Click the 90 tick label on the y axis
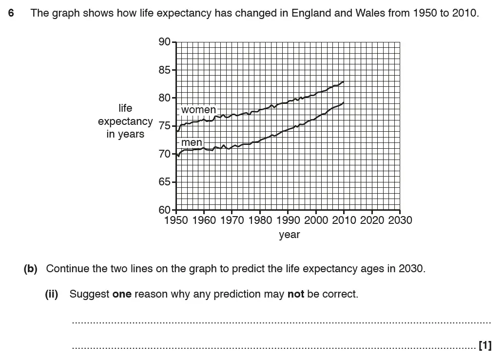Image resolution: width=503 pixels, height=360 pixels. [164, 42]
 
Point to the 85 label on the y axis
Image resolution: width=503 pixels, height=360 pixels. [164, 70]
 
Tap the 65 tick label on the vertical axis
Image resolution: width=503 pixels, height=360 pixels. [164, 182]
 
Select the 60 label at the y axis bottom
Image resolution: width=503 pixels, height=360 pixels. [164, 210]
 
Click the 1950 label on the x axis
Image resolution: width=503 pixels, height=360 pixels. [176, 220]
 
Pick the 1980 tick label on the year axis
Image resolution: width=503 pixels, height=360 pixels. [260, 220]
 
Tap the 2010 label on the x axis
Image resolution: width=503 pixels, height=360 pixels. [344, 220]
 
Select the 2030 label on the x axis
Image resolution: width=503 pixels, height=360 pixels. [400, 220]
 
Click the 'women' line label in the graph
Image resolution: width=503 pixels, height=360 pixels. [198, 110]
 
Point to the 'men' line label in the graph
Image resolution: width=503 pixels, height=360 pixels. [192, 142]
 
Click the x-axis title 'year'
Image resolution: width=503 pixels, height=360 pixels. [290, 235]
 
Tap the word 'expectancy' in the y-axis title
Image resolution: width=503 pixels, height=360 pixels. [125, 121]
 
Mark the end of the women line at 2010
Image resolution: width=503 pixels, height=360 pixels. [344, 82]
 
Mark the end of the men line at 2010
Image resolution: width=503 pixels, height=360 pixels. [344, 102]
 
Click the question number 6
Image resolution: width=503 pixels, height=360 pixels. [11, 13]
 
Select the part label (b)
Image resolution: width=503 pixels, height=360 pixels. [30, 269]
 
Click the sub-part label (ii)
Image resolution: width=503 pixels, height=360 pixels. [52, 294]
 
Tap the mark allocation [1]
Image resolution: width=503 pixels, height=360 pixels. [485, 346]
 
